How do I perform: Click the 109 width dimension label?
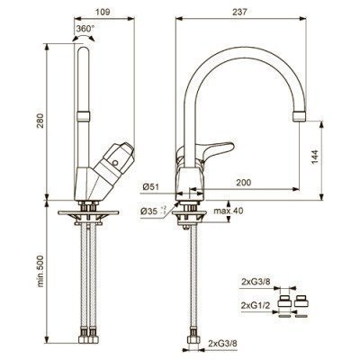pyautogui.click(x=103, y=12)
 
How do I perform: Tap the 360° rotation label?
pyautogui.click(x=85, y=29)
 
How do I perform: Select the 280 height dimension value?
pyautogui.click(x=40, y=120)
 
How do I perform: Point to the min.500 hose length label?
pyautogui.click(x=40, y=272)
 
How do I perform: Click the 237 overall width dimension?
pyautogui.click(x=239, y=12)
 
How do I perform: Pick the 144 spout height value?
pyautogui.click(x=315, y=157)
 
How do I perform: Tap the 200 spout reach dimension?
pyautogui.click(x=243, y=182)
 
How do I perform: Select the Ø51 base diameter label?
pyautogui.click(x=150, y=187)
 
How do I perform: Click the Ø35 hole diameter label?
pyautogui.click(x=153, y=211)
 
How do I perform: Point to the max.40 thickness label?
pyautogui.click(x=229, y=211)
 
